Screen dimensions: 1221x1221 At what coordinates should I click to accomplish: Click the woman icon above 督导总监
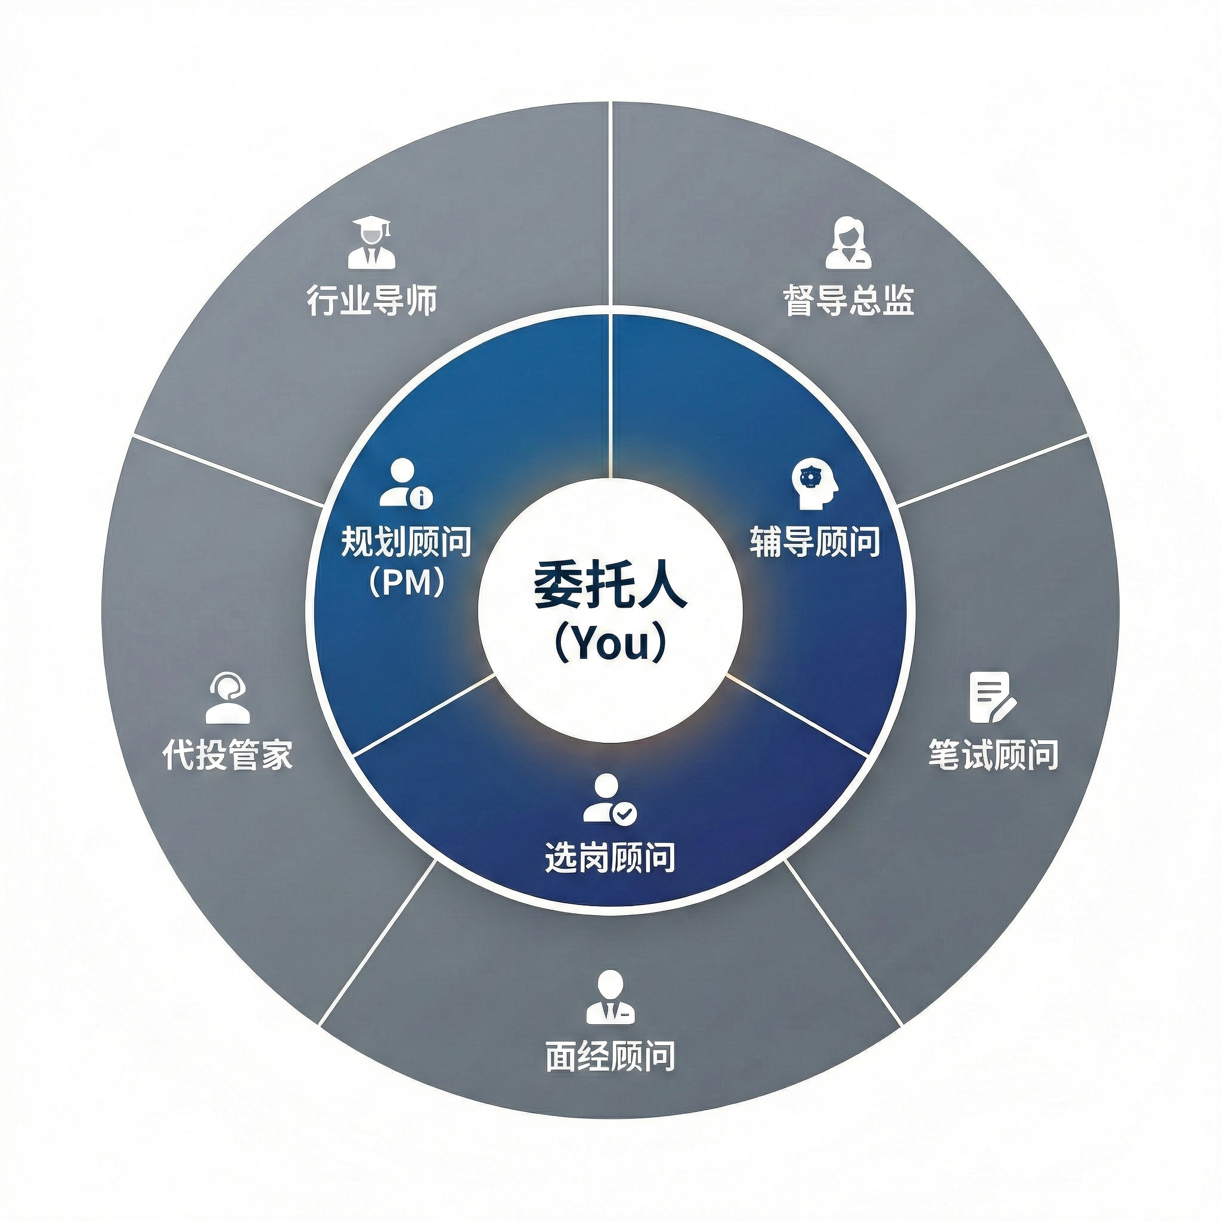848,243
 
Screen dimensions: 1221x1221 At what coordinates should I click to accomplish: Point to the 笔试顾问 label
993,754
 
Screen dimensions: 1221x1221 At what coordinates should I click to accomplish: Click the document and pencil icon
992,697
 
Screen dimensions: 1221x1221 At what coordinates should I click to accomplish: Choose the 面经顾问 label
610,1055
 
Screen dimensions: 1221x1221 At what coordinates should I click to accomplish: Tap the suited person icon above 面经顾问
610,997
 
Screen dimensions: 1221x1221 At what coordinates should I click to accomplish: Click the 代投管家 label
228,754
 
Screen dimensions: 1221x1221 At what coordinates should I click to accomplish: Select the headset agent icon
228,698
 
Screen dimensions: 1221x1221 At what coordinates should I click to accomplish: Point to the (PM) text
407,582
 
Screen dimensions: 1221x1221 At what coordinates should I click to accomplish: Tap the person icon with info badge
405,484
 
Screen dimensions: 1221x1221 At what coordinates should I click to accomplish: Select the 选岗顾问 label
610,857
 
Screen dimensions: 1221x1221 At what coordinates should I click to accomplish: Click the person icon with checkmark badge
609,799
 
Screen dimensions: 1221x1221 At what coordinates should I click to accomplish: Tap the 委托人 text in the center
610,587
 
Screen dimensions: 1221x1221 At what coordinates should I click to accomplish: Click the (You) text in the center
610,643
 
